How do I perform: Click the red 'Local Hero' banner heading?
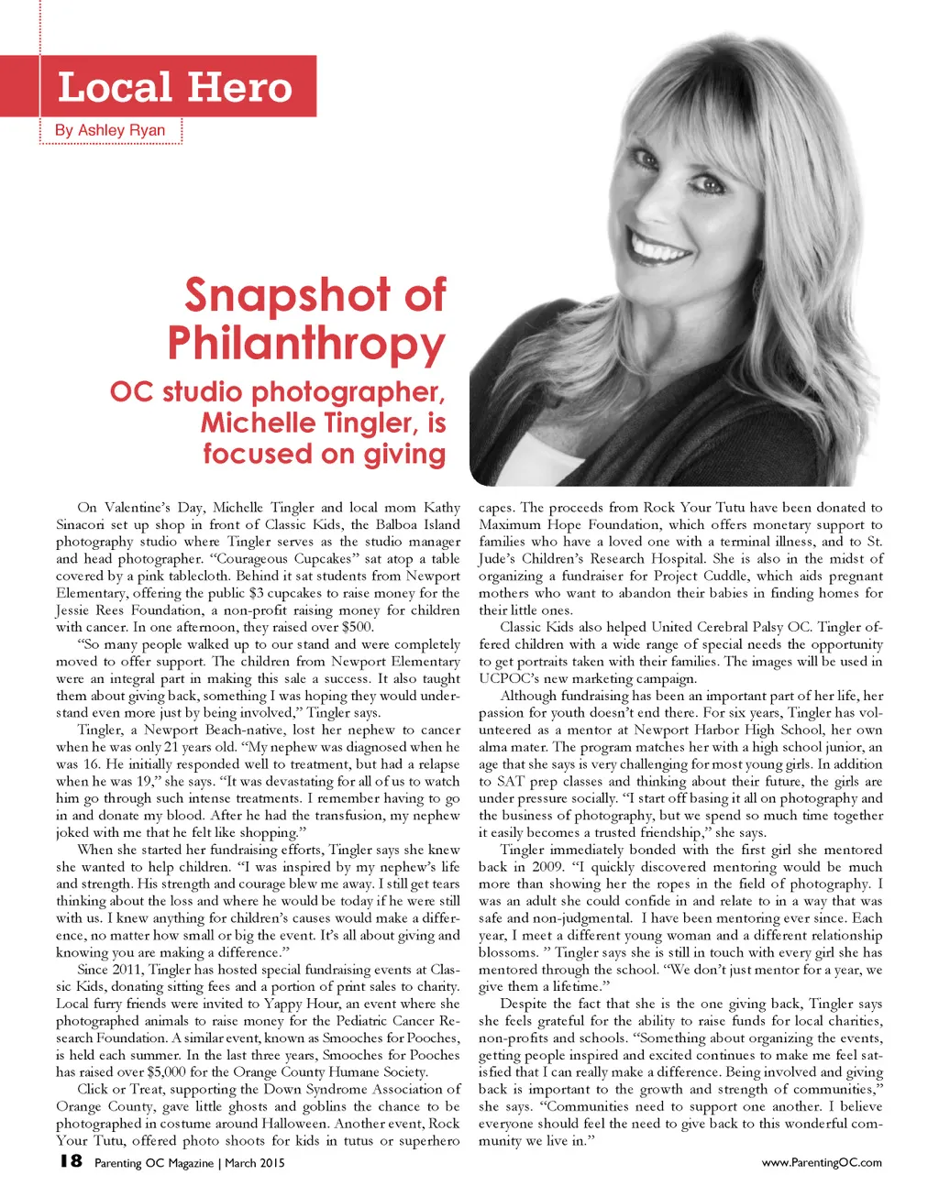[x=174, y=87]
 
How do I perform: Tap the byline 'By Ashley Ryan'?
[x=110, y=130]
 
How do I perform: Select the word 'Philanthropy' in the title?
[x=306, y=344]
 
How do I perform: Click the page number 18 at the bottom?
[x=70, y=1161]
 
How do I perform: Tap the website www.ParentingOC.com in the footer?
[x=822, y=1162]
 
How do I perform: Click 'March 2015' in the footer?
[x=254, y=1163]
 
